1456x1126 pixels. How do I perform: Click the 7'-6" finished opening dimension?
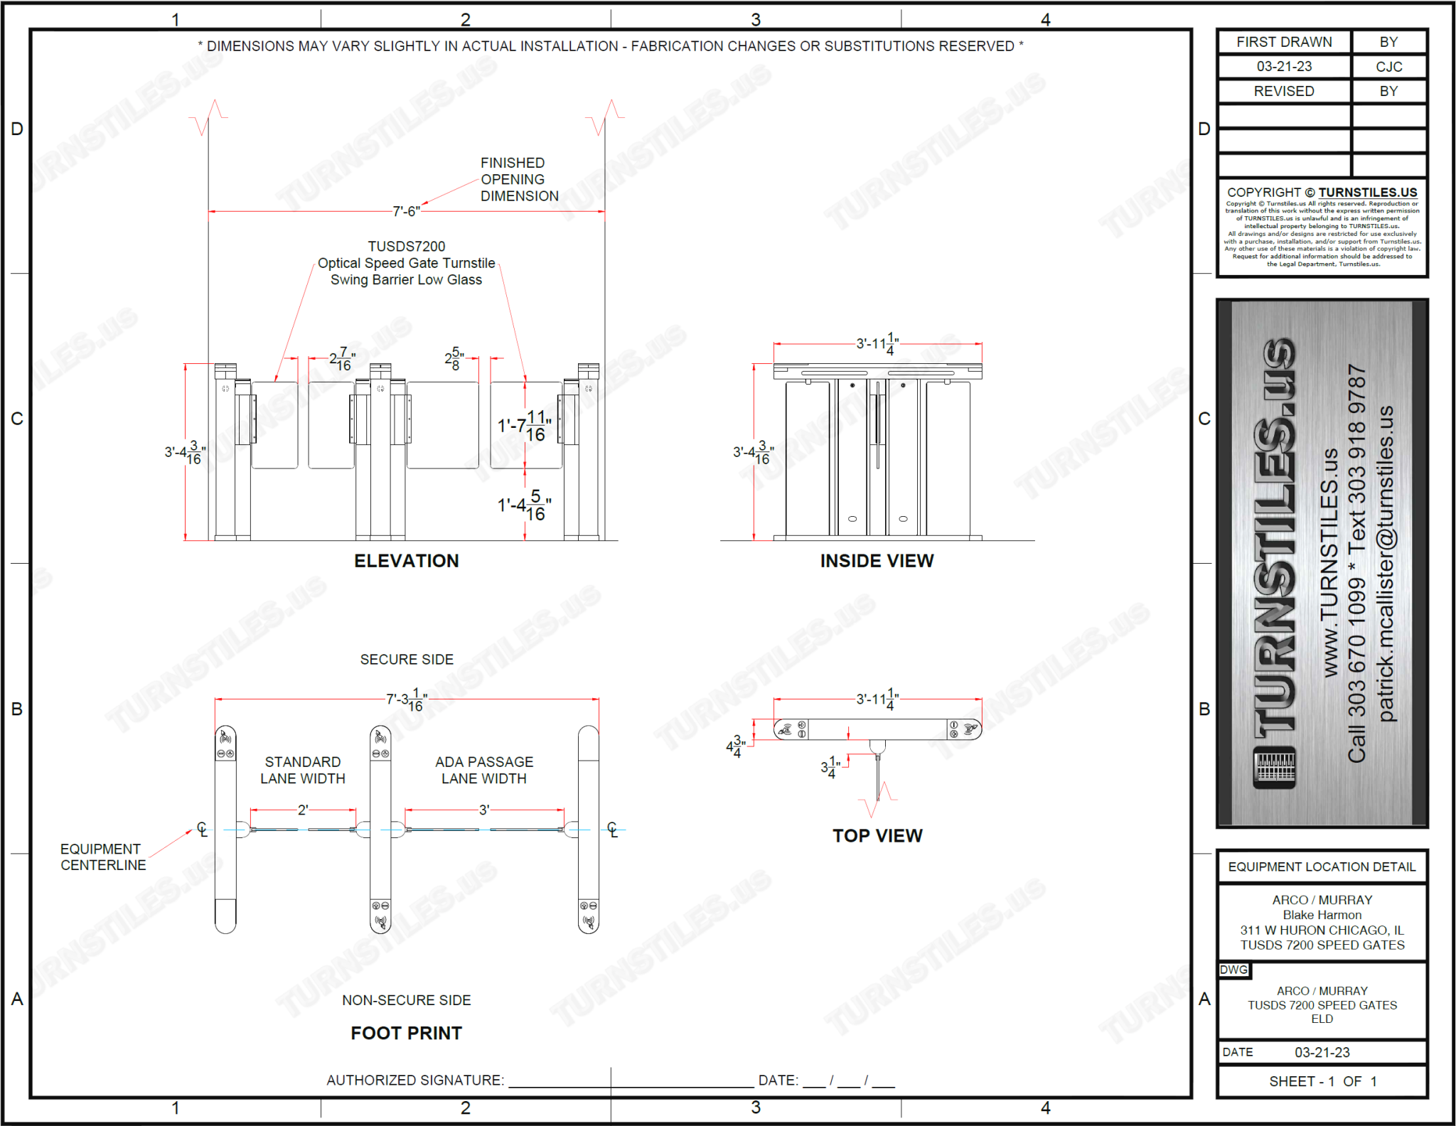(406, 211)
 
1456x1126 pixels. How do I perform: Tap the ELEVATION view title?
(406, 561)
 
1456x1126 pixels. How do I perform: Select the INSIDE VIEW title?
(877, 561)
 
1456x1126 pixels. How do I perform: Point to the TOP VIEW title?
(877, 836)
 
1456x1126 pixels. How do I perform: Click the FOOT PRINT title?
(406, 1033)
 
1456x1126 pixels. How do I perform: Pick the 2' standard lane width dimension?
(303, 810)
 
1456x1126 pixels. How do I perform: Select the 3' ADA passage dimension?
(484, 810)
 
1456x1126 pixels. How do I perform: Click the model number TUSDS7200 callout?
(406, 247)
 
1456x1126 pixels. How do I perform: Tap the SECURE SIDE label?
(407, 660)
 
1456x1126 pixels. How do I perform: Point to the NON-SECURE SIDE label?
(406, 1000)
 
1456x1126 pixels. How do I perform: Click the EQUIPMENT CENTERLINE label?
(102, 857)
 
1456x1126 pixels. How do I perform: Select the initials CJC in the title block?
(1388, 67)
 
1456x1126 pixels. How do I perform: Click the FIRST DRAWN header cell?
(1284, 42)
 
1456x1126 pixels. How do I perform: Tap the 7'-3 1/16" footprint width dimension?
(406, 700)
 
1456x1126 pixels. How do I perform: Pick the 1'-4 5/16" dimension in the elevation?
(525, 505)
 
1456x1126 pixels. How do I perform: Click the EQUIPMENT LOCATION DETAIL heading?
(1322, 867)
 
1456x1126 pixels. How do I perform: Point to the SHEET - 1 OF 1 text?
(1322, 1081)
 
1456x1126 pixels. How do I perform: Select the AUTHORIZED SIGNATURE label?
(415, 1081)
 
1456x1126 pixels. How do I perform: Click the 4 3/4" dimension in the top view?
(736, 747)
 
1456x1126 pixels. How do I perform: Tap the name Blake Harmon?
(1322, 915)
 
